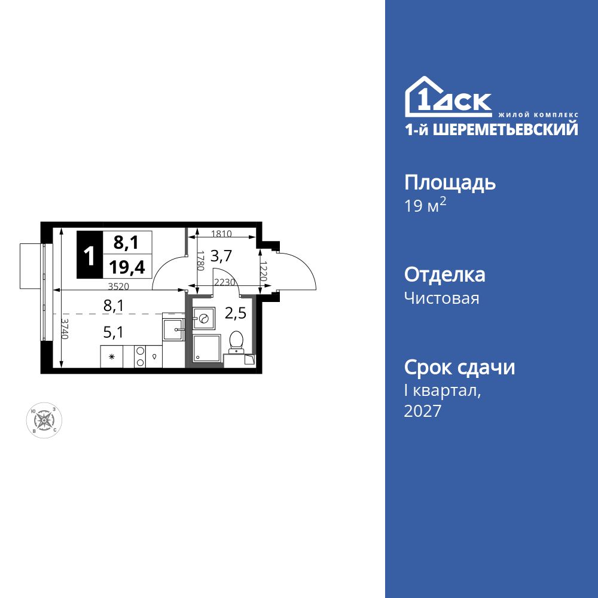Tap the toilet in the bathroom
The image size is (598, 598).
pyautogui.click(x=236, y=341)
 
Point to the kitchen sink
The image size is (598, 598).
pyautogui.click(x=173, y=328)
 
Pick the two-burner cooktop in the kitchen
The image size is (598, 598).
pyautogui.click(x=141, y=356)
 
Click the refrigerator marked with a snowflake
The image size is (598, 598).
pyautogui.click(x=111, y=357)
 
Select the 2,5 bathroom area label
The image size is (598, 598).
pyautogui.click(x=236, y=312)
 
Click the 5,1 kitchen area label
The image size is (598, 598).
pyautogui.click(x=113, y=332)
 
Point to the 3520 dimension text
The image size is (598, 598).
pyautogui.click(x=119, y=286)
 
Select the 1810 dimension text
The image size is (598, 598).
pyautogui.click(x=221, y=234)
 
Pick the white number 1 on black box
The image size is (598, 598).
pyautogui.click(x=89, y=256)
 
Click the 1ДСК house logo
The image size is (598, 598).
pyautogui.click(x=448, y=97)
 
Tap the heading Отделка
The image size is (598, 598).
pyautogui.click(x=444, y=275)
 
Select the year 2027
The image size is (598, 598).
pyautogui.click(x=423, y=411)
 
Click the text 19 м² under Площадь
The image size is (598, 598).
pyautogui.click(x=426, y=207)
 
